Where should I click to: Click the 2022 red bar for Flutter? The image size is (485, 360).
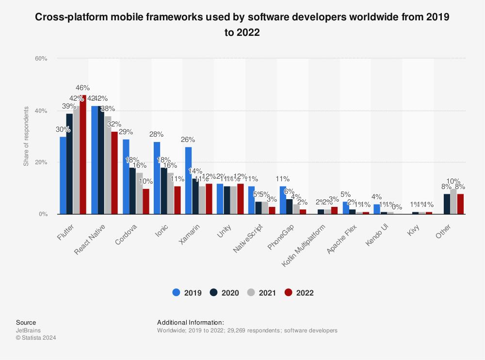click(x=83, y=155)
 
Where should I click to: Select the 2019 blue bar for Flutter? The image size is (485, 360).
click(x=63, y=175)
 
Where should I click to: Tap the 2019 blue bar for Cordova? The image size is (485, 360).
click(x=126, y=177)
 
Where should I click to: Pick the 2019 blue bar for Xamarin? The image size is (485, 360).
click(x=188, y=181)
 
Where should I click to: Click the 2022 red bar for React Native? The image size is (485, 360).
click(x=114, y=173)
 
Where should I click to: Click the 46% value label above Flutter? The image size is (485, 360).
click(x=83, y=88)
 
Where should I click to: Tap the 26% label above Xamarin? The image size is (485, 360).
click(x=188, y=140)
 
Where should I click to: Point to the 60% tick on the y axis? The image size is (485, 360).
click(x=40, y=59)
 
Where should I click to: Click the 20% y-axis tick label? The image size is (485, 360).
click(x=40, y=162)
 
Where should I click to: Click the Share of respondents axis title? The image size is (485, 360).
click(x=26, y=137)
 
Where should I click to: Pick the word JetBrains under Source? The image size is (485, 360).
click(x=28, y=330)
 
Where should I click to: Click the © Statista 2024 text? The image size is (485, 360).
click(x=36, y=338)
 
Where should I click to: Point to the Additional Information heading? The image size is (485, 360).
click(x=191, y=322)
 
